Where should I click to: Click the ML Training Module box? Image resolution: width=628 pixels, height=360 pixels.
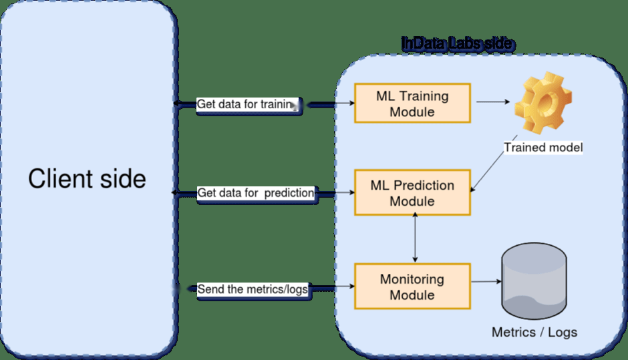coord(412,103)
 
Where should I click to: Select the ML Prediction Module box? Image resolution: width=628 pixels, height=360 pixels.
coord(412,193)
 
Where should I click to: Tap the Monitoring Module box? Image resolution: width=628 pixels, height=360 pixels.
coord(412,286)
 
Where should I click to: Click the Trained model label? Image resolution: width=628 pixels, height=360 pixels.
coord(543,147)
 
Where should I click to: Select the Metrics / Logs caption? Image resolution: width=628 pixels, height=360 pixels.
coord(534,332)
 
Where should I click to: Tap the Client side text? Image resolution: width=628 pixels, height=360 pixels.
coord(87,179)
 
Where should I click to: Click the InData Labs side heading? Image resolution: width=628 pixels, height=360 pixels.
coord(458,43)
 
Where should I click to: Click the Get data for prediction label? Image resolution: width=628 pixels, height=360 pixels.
coord(255,193)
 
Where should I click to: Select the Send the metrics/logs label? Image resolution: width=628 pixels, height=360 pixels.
coord(253,289)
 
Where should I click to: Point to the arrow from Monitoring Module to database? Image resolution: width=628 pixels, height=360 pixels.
coord(486,282)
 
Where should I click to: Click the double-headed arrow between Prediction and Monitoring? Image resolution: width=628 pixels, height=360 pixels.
coord(415,238)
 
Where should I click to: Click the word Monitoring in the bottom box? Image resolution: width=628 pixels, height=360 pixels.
coord(412,279)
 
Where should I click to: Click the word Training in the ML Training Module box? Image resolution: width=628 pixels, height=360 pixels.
coord(423,96)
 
